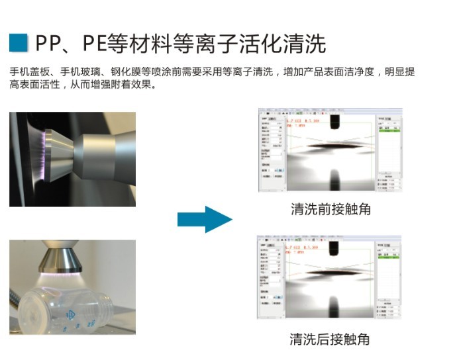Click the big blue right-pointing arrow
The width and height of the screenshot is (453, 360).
tap(205, 219)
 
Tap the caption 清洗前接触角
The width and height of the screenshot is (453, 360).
tap(330, 210)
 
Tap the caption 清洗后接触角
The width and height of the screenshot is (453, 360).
tap(329, 339)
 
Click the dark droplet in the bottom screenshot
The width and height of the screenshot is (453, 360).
tap(330, 271)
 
